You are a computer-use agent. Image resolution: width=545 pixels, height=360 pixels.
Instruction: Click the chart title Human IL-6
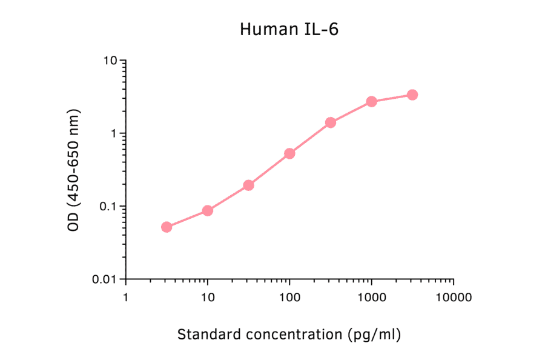tap(289, 29)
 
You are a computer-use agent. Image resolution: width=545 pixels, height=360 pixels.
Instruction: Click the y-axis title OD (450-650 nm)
tap(74, 170)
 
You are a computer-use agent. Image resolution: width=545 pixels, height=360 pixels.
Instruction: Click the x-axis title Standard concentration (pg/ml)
tap(289, 334)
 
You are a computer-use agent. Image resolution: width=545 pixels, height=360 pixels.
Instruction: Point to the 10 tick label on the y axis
tap(109, 61)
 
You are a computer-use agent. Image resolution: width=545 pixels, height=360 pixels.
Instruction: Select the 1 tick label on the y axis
tap(113, 133)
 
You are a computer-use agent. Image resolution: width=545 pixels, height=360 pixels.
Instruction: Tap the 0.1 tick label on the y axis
tap(107, 206)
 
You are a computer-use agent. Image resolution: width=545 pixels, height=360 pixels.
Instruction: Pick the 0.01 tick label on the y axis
tap(104, 279)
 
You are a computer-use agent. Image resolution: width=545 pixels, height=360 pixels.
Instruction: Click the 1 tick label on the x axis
tap(125, 298)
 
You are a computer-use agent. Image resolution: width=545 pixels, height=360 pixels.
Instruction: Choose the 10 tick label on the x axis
tap(208, 298)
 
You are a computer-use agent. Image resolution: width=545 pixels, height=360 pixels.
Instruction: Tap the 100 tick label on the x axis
tap(289, 298)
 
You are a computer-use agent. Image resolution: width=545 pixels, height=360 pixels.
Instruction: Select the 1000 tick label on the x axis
tap(371, 298)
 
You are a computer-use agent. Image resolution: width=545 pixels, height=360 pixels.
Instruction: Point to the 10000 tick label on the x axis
tap(454, 298)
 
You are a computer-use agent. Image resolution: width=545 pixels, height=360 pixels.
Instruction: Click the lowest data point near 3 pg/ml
tap(167, 227)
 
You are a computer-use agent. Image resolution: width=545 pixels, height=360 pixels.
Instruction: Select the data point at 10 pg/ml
tap(208, 210)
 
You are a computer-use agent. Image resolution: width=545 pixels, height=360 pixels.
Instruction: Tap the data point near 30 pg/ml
tap(248, 185)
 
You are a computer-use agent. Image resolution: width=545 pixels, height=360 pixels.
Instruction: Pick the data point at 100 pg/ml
tap(289, 153)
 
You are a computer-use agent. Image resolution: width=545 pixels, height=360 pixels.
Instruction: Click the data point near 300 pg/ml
tap(331, 122)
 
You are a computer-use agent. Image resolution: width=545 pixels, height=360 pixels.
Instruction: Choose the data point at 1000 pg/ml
tap(371, 101)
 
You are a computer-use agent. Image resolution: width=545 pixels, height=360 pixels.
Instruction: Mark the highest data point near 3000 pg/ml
tap(412, 95)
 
